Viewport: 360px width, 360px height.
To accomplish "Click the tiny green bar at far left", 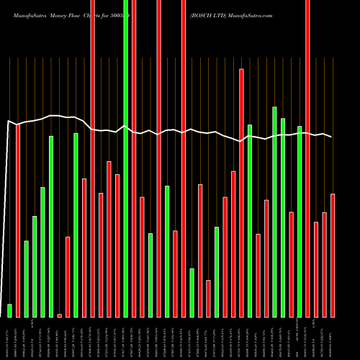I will pyautogui.click(x=10, y=310).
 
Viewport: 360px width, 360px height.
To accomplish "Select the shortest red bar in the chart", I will pyautogui.click(x=60, y=315).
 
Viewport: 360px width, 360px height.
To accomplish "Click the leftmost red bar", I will pyautogui.click(x=18, y=220).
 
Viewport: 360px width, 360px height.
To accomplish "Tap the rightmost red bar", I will pyautogui.click(x=333, y=255).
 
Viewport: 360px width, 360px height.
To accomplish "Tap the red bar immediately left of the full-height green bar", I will pyautogui.click(x=117, y=246).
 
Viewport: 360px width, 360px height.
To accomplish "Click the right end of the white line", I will pyautogui.click(x=332, y=137).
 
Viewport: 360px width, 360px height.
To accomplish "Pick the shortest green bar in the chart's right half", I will pyautogui.click(x=192, y=292).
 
